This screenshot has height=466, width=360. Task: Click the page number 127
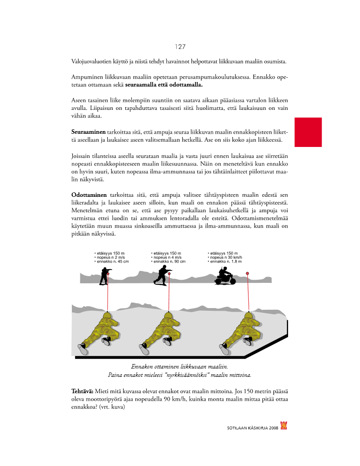(180, 47)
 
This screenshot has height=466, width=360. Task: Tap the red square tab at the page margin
(308, 132)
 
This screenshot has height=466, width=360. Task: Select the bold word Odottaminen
(89, 195)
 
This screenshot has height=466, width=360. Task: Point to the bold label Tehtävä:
(82, 391)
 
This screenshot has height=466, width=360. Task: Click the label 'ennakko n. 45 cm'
(112, 261)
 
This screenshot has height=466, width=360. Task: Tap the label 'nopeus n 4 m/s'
(168, 257)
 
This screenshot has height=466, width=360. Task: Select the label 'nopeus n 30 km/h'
(225, 257)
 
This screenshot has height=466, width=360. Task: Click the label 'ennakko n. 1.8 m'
(225, 261)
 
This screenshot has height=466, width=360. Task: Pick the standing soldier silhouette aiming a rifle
(105, 276)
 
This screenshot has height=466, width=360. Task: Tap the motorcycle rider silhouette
(223, 276)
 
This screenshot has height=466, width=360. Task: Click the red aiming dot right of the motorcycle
(247, 274)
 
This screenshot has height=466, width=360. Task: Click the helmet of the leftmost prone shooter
(108, 316)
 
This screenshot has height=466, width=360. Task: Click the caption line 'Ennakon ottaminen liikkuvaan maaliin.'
(180, 367)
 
